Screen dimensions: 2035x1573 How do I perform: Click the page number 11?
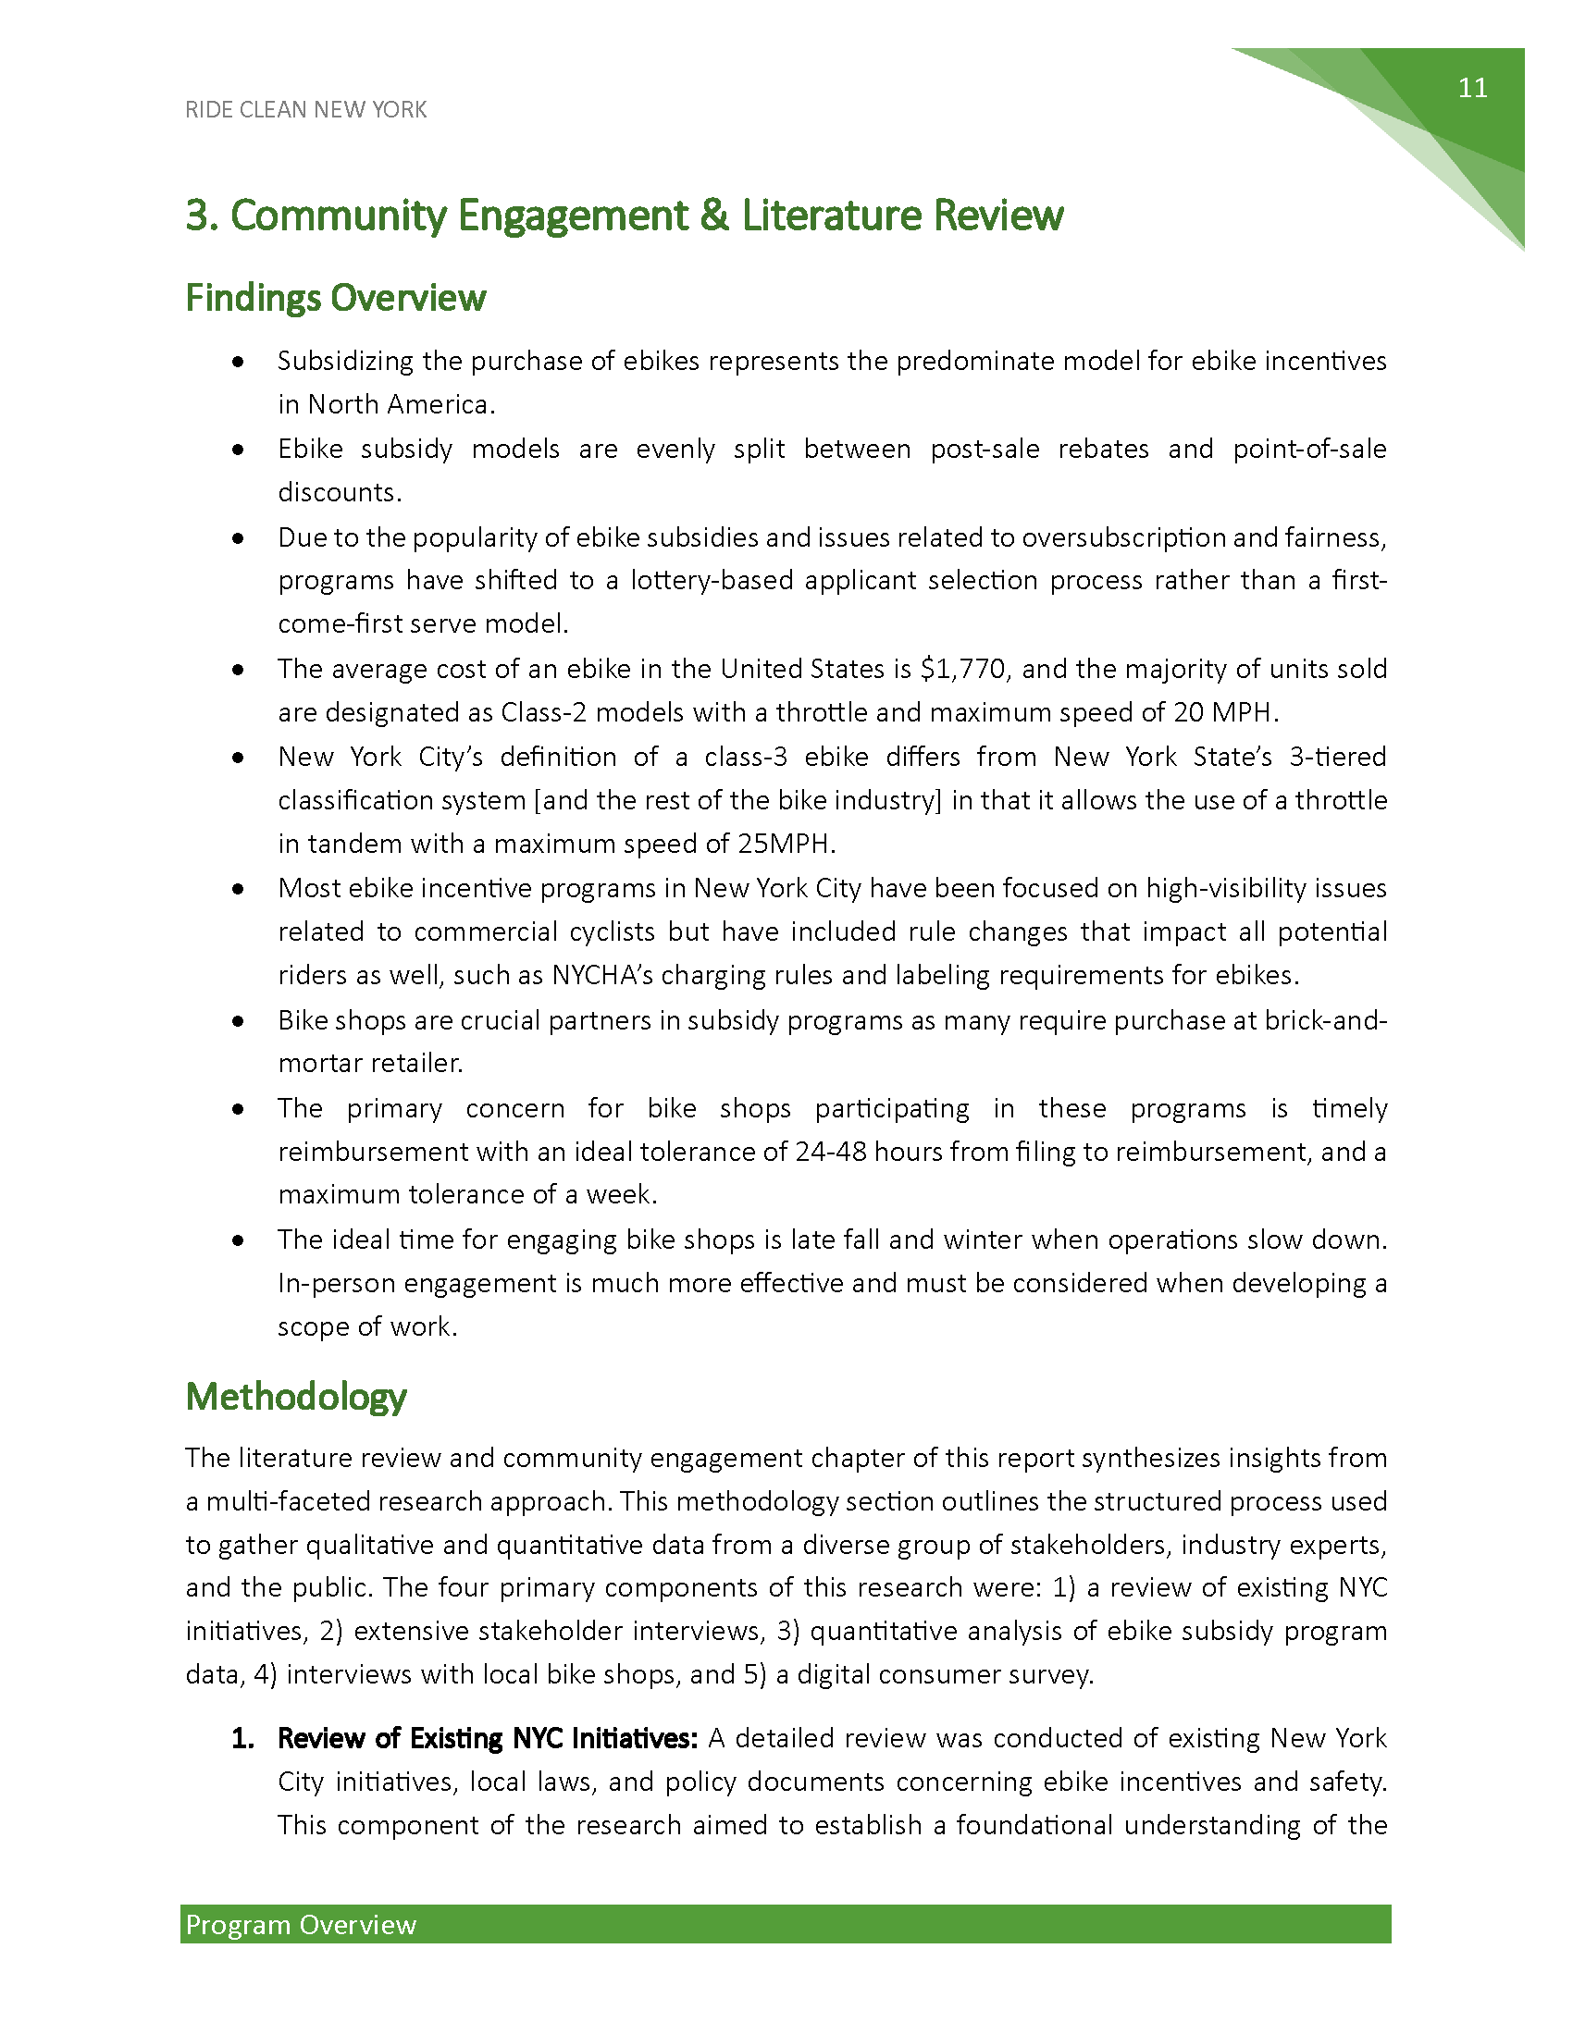point(1472,89)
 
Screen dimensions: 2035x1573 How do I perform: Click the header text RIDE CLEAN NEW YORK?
point(305,110)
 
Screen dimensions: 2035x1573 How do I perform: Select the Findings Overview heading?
point(336,298)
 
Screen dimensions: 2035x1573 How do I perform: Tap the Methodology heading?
point(295,1397)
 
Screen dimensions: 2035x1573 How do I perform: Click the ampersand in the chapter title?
point(713,216)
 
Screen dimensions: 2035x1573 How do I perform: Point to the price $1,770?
point(962,669)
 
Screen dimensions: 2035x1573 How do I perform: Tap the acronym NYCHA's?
point(599,976)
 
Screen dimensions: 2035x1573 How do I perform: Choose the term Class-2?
point(544,713)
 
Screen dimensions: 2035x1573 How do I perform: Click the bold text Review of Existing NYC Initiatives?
point(488,1739)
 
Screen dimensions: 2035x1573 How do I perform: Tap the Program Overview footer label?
point(301,1925)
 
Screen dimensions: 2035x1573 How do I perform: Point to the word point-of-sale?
point(1309,450)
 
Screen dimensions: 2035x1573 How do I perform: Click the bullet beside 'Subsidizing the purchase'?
point(239,362)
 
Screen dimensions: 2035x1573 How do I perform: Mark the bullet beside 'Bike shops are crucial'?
point(239,1021)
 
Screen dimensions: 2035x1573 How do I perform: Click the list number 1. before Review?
point(242,1739)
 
